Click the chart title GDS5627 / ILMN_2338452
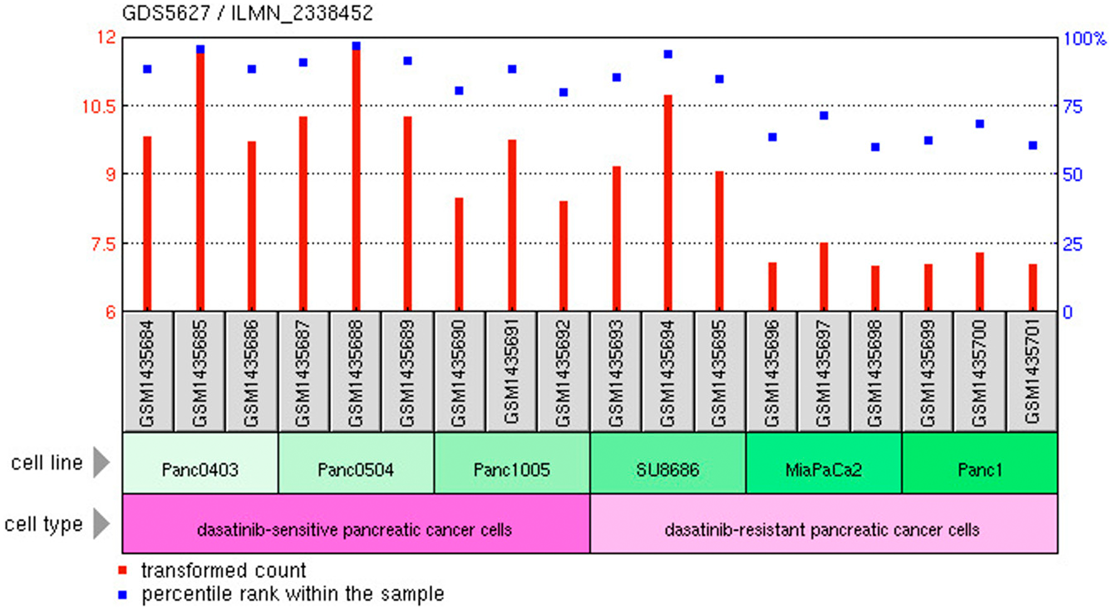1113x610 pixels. (x=247, y=13)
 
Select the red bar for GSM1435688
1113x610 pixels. (x=356, y=178)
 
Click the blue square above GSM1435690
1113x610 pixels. (x=459, y=91)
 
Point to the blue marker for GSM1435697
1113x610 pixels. (x=824, y=116)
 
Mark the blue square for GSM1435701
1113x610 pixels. (x=1033, y=145)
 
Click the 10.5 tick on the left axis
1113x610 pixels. (x=99, y=106)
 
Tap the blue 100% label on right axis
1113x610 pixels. (x=1084, y=39)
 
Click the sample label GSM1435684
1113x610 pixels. (x=147, y=372)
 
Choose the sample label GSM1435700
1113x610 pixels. (x=979, y=372)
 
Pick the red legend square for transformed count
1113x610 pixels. (x=123, y=570)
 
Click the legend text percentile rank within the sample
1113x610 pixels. (x=293, y=594)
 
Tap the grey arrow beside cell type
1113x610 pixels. (x=101, y=524)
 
